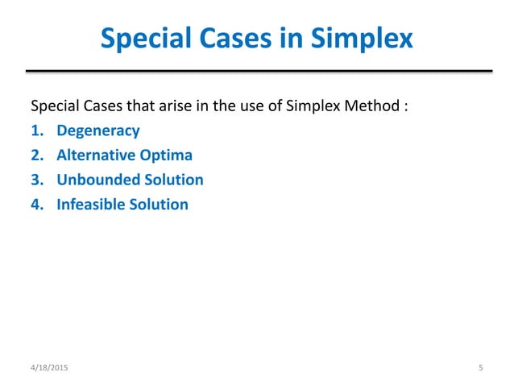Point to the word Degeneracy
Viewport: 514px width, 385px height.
click(x=97, y=130)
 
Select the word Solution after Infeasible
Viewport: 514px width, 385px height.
click(x=158, y=205)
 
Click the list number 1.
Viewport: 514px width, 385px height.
click(x=35, y=130)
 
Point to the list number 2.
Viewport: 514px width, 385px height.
click(x=35, y=155)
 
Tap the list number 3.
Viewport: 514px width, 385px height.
click(x=35, y=180)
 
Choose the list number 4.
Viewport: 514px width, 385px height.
click(x=35, y=205)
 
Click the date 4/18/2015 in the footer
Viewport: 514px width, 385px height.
click(x=50, y=368)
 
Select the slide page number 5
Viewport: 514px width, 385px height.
click(x=480, y=368)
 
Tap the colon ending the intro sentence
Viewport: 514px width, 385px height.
click(x=403, y=107)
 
